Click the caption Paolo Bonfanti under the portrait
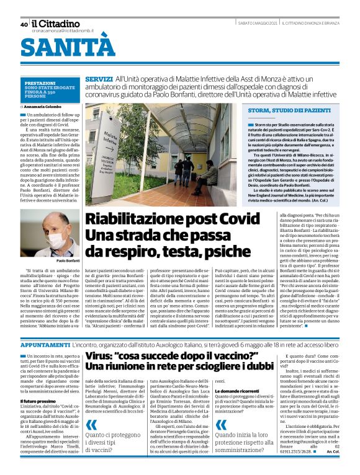(x=68, y=262)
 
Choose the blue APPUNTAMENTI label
(x=47, y=343)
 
